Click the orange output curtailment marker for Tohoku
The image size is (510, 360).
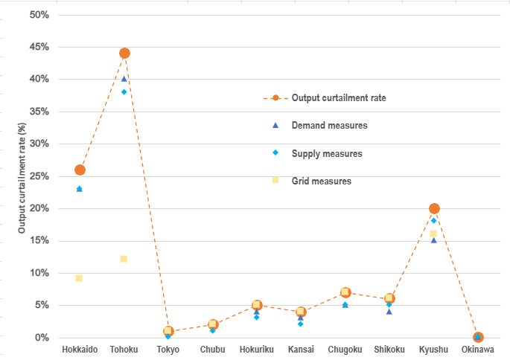click(x=124, y=53)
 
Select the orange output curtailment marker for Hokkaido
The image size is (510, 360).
click(x=80, y=170)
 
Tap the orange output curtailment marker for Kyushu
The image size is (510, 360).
click(x=434, y=208)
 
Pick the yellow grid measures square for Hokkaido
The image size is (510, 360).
click(x=79, y=278)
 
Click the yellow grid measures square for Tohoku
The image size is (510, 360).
click(x=124, y=259)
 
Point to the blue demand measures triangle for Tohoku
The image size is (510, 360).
click(x=124, y=79)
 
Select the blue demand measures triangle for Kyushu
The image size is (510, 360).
click(x=434, y=240)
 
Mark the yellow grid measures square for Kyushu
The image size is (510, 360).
click(x=434, y=234)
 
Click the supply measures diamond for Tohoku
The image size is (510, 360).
click(x=124, y=91)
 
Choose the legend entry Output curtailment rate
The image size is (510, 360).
click(x=338, y=97)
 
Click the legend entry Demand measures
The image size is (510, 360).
click(x=329, y=126)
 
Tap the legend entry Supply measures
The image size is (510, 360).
click(x=327, y=153)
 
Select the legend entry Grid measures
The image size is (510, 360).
click(x=322, y=181)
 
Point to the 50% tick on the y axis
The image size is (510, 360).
click(x=39, y=14)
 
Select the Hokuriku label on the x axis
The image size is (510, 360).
click(x=257, y=350)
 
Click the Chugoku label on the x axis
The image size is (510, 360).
click(x=345, y=350)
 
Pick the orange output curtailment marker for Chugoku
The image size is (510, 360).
click(x=345, y=292)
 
